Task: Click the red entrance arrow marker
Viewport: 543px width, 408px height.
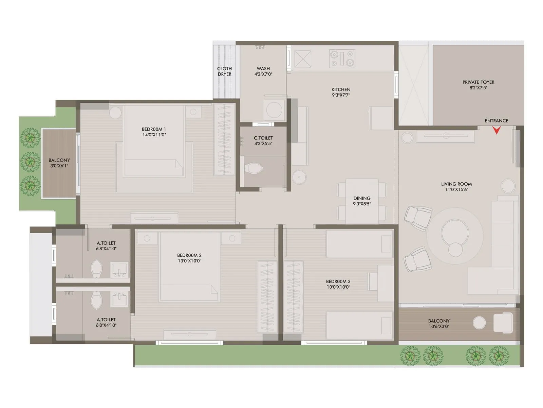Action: point(497,130)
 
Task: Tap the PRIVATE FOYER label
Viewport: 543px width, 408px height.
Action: point(478,82)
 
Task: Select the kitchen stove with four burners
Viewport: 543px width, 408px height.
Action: point(342,58)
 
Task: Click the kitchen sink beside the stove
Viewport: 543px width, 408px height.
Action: point(303,59)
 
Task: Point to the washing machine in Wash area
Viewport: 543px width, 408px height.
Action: point(274,110)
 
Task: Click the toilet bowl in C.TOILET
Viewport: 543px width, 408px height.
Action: point(253,168)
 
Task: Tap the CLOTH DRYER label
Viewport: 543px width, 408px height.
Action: point(224,71)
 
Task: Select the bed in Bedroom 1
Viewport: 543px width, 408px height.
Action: point(154,141)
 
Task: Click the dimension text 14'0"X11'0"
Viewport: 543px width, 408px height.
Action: point(154,135)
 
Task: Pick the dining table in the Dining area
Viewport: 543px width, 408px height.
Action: point(362,201)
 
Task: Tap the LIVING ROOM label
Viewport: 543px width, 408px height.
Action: point(456,184)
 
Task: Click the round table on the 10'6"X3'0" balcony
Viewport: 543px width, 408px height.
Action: point(479,323)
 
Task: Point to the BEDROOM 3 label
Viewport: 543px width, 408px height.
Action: point(338,282)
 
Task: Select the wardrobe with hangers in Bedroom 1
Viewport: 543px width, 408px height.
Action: point(224,139)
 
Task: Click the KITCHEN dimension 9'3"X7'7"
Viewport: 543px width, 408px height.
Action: point(341,95)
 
